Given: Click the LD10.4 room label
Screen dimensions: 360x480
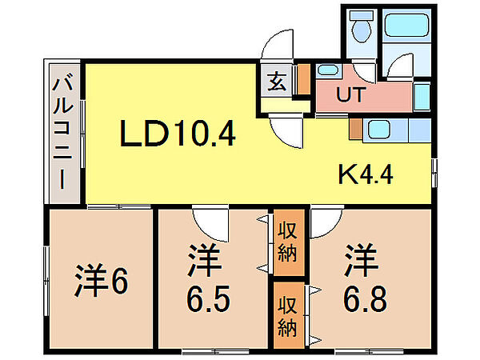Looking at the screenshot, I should [178, 133].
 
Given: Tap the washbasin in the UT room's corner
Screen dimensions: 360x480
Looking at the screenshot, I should [327, 70].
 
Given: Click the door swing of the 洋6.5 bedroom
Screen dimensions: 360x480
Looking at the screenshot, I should [210, 220].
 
